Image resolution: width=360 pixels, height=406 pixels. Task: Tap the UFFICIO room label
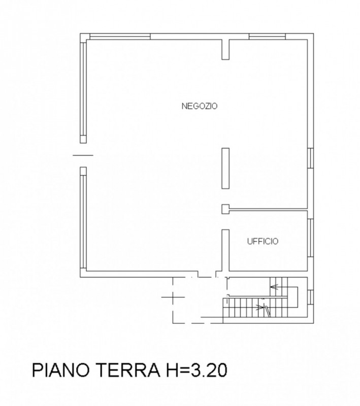click(x=263, y=242)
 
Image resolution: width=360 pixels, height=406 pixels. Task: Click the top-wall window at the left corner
click(x=120, y=36)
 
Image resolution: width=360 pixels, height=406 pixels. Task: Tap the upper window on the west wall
click(x=83, y=91)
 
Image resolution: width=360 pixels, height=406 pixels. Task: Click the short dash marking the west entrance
click(x=83, y=155)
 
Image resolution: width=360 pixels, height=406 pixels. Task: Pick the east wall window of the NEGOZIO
click(x=310, y=157)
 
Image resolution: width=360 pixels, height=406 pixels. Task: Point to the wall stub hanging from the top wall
click(x=225, y=48)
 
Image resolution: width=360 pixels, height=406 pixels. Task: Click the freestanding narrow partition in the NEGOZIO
click(x=225, y=168)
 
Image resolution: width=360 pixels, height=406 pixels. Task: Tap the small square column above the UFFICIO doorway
click(x=225, y=208)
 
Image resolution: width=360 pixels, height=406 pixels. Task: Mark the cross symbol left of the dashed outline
click(x=171, y=297)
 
